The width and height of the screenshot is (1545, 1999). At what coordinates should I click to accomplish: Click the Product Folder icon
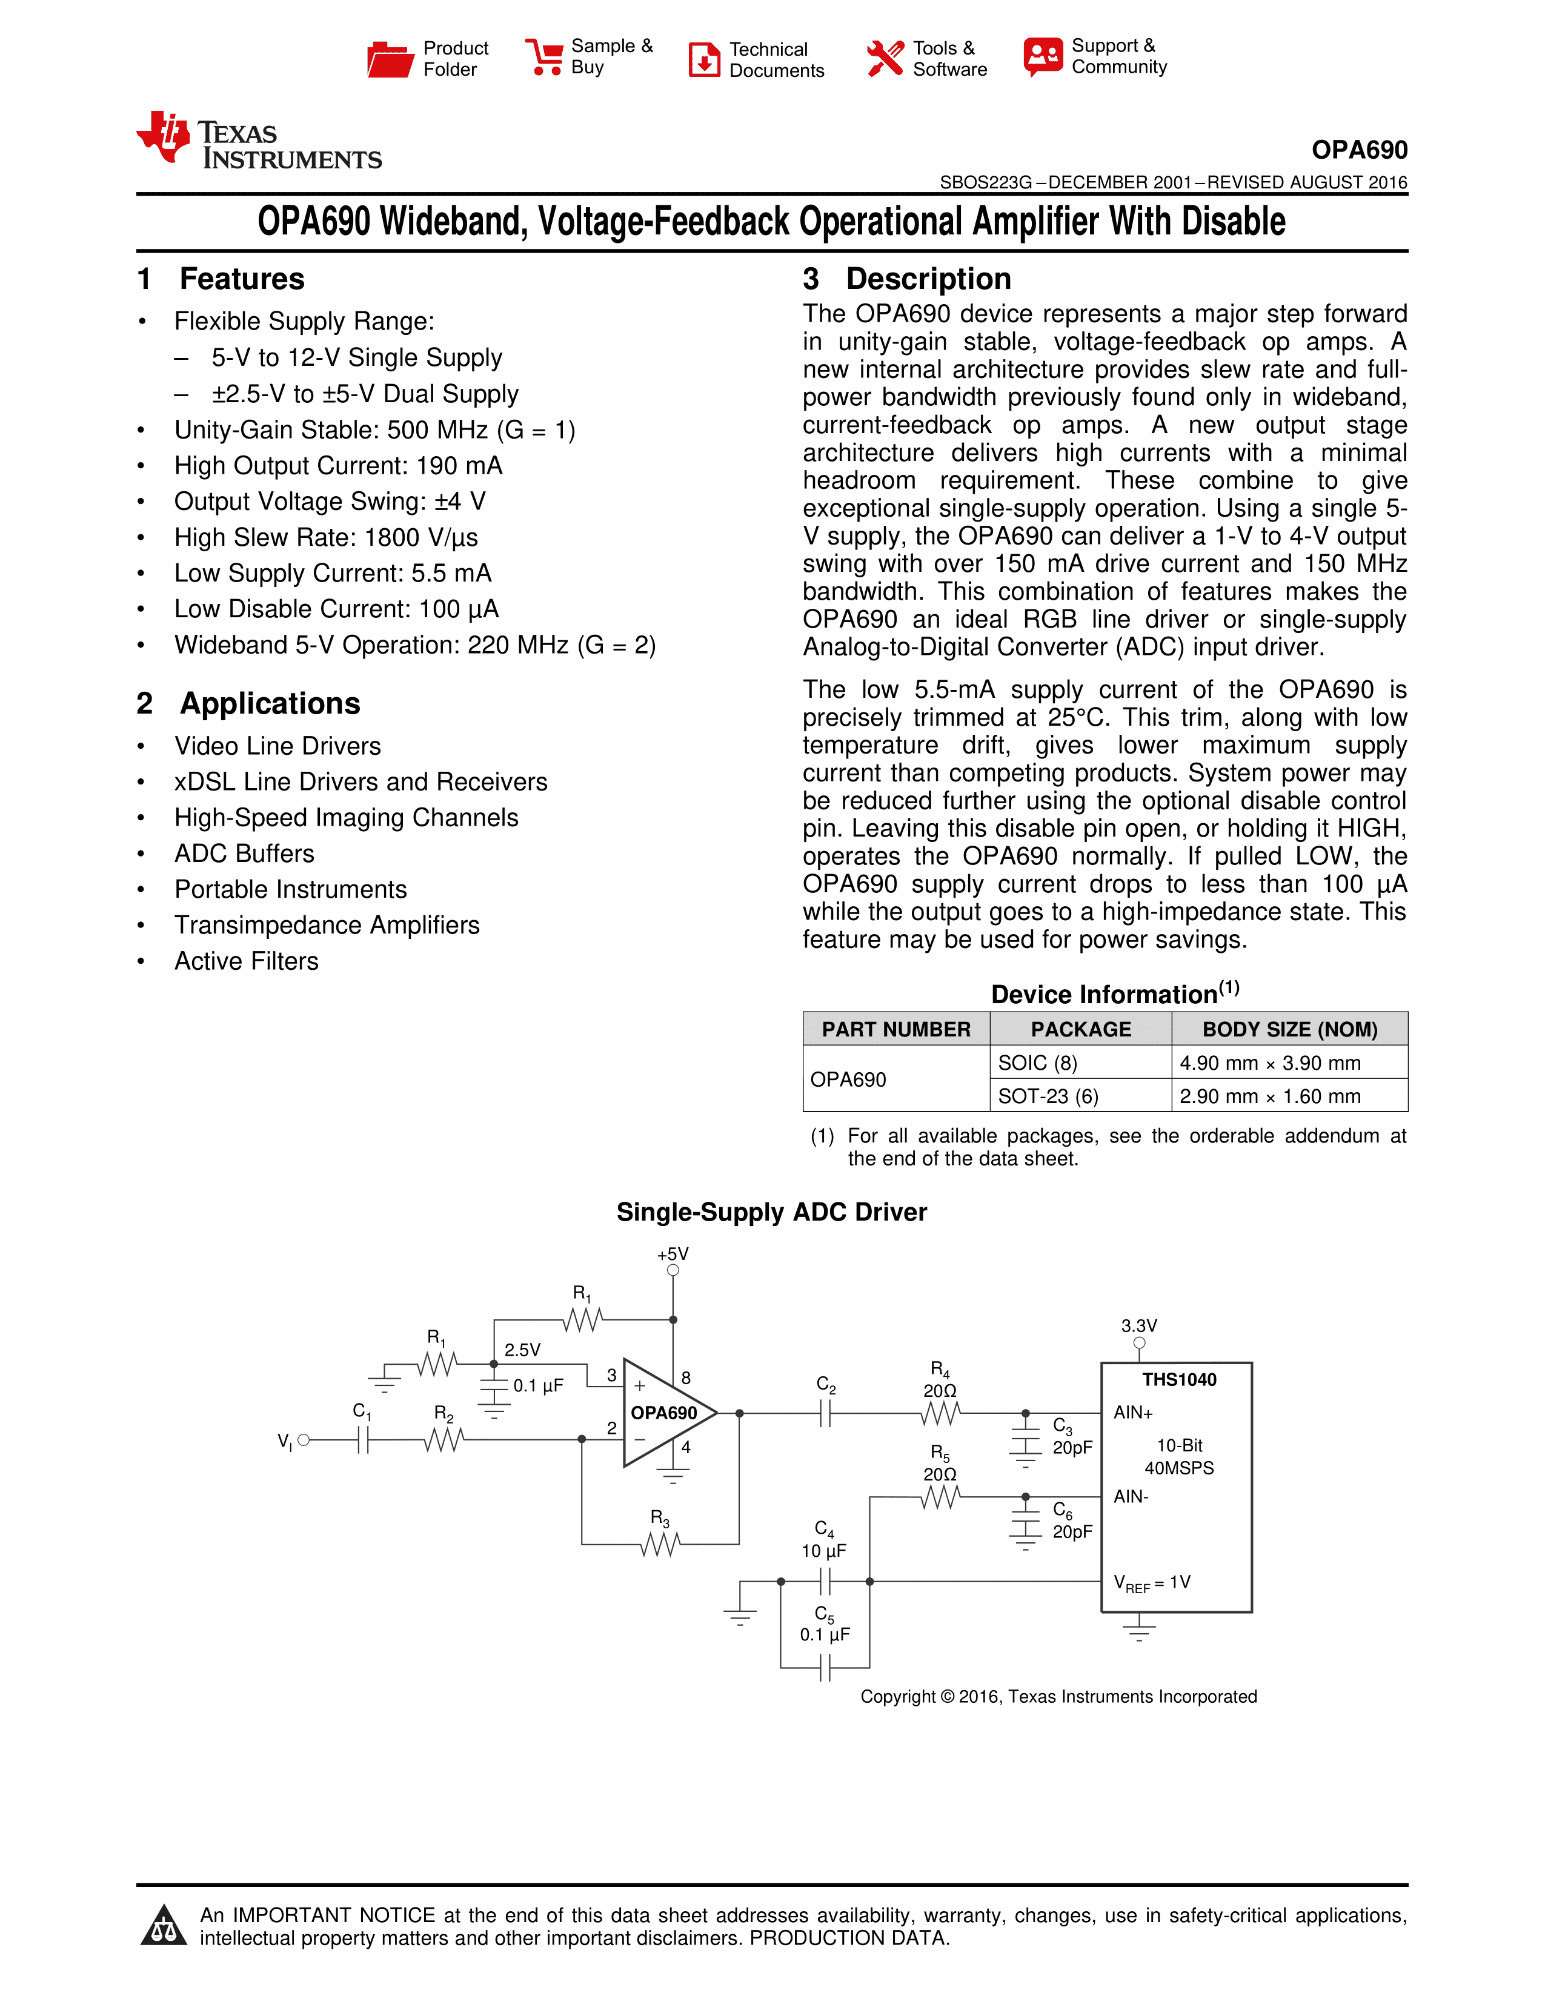pyautogui.click(x=390, y=59)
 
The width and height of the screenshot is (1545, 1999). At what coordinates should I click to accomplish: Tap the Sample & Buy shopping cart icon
pyautogui.click(x=545, y=57)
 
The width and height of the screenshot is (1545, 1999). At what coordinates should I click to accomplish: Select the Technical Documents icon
pyautogui.click(x=704, y=59)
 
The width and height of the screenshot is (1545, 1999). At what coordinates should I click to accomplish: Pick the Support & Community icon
pyautogui.click(x=1043, y=57)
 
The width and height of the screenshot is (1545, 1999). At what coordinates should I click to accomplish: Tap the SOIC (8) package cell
pyautogui.click(x=1037, y=1062)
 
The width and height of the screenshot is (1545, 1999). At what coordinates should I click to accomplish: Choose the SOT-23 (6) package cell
pyautogui.click(x=1048, y=1096)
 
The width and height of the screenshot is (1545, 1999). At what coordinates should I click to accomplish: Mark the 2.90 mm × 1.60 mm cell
pyautogui.click(x=1269, y=1096)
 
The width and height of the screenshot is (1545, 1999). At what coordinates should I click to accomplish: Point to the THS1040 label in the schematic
pyautogui.click(x=1179, y=1379)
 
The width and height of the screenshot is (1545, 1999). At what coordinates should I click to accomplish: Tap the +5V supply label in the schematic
pyautogui.click(x=673, y=1254)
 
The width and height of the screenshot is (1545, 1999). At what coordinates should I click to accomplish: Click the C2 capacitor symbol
pyautogui.click(x=826, y=1414)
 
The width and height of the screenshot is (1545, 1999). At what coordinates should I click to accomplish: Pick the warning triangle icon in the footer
pyautogui.click(x=164, y=1925)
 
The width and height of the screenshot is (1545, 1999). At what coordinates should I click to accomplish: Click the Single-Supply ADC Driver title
pyautogui.click(x=771, y=1212)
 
